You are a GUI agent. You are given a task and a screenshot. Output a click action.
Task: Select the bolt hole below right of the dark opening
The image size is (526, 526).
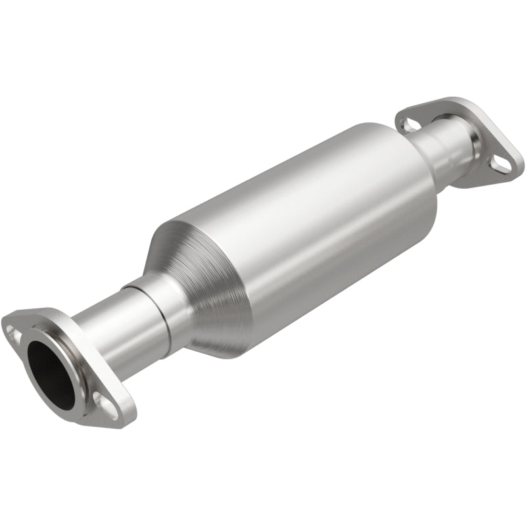click(x=103, y=401)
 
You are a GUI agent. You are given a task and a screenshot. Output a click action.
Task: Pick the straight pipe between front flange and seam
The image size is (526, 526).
click(x=105, y=335)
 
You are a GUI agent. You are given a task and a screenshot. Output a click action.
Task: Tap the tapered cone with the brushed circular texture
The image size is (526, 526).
click(x=197, y=289)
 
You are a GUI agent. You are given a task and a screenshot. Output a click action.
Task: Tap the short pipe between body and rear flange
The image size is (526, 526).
click(x=441, y=148)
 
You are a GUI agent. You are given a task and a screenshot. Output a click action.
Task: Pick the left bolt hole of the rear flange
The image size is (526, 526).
click(x=409, y=123)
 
